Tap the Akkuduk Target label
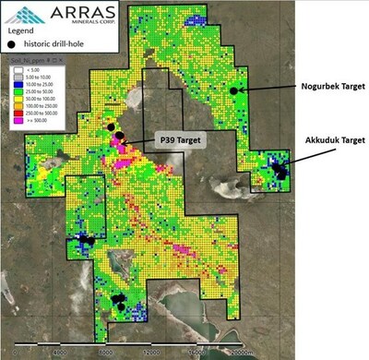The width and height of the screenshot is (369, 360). (x=327, y=140)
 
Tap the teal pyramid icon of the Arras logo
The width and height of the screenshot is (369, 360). (x=16, y=14)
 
